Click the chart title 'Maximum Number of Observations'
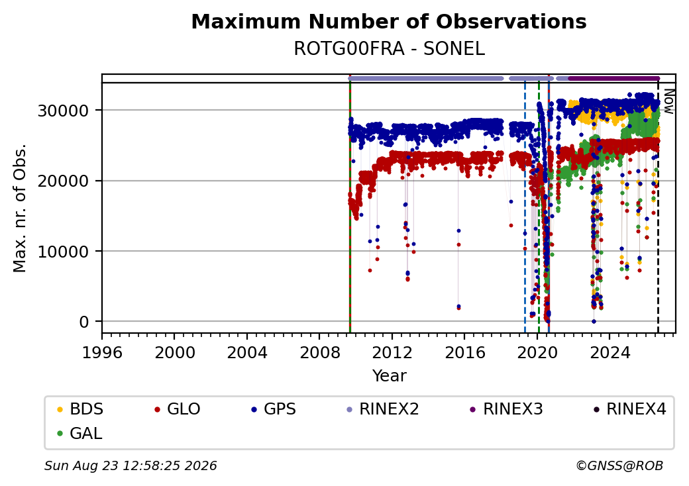click(x=389, y=21)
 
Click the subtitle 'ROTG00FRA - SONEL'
click(x=389, y=49)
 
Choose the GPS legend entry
click(x=274, y=409)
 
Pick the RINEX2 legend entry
click(x=383, y=409)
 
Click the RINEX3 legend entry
click(x=506, y=409)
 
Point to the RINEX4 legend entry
click(x=629, y=409)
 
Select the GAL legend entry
click(x=80, y=433)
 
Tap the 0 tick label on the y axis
click(x=84, y=322)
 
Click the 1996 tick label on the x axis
click(x=102, y=352)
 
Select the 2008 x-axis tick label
click(x=319, y=352)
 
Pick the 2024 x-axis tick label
click(x=609, y=352)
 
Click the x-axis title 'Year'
click(x=390, y=376)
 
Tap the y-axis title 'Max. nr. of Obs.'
click(x=20, y=208)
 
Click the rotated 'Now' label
click(x=668, y=101)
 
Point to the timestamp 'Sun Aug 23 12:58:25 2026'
click(x=131, y=465)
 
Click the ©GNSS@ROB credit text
click(x=619, y=465)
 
